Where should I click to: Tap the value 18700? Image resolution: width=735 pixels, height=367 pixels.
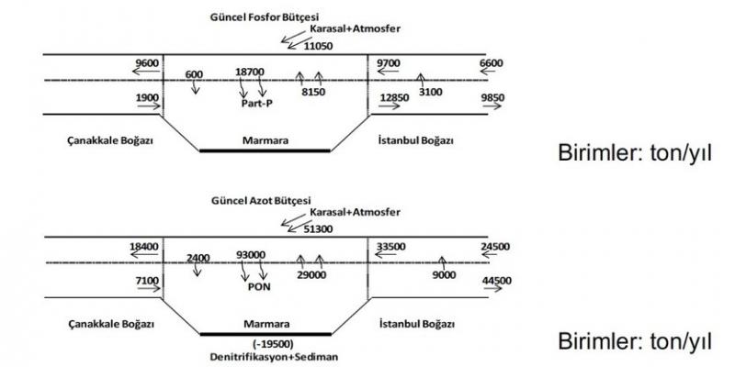pos(250,72)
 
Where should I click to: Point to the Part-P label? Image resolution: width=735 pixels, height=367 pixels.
pos(250,104)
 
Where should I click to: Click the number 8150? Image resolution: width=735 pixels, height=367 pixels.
pos(313,93)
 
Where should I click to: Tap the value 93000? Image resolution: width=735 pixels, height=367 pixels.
pos(251,254)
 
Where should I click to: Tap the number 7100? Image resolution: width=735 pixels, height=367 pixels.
pos(148,280)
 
